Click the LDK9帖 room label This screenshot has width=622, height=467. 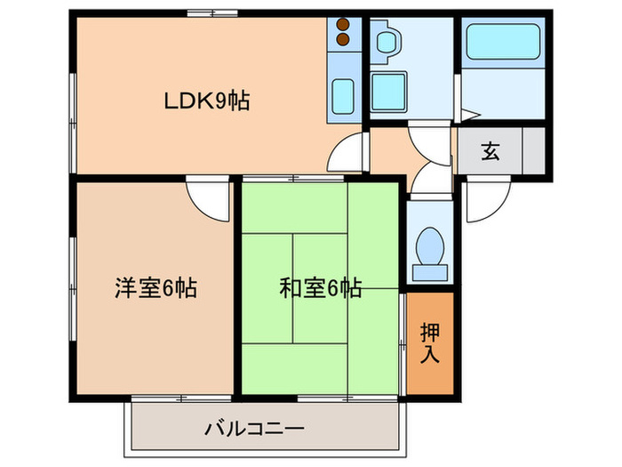click(206, 101)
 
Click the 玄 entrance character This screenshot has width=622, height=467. click(490, 151)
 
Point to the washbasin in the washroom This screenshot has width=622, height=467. click(385, 42)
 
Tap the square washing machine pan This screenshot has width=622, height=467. click(388, 90)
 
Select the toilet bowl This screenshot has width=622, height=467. click(429, 241)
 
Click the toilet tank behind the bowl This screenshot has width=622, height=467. click(429, 270)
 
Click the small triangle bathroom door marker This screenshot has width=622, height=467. click(471, 114)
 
